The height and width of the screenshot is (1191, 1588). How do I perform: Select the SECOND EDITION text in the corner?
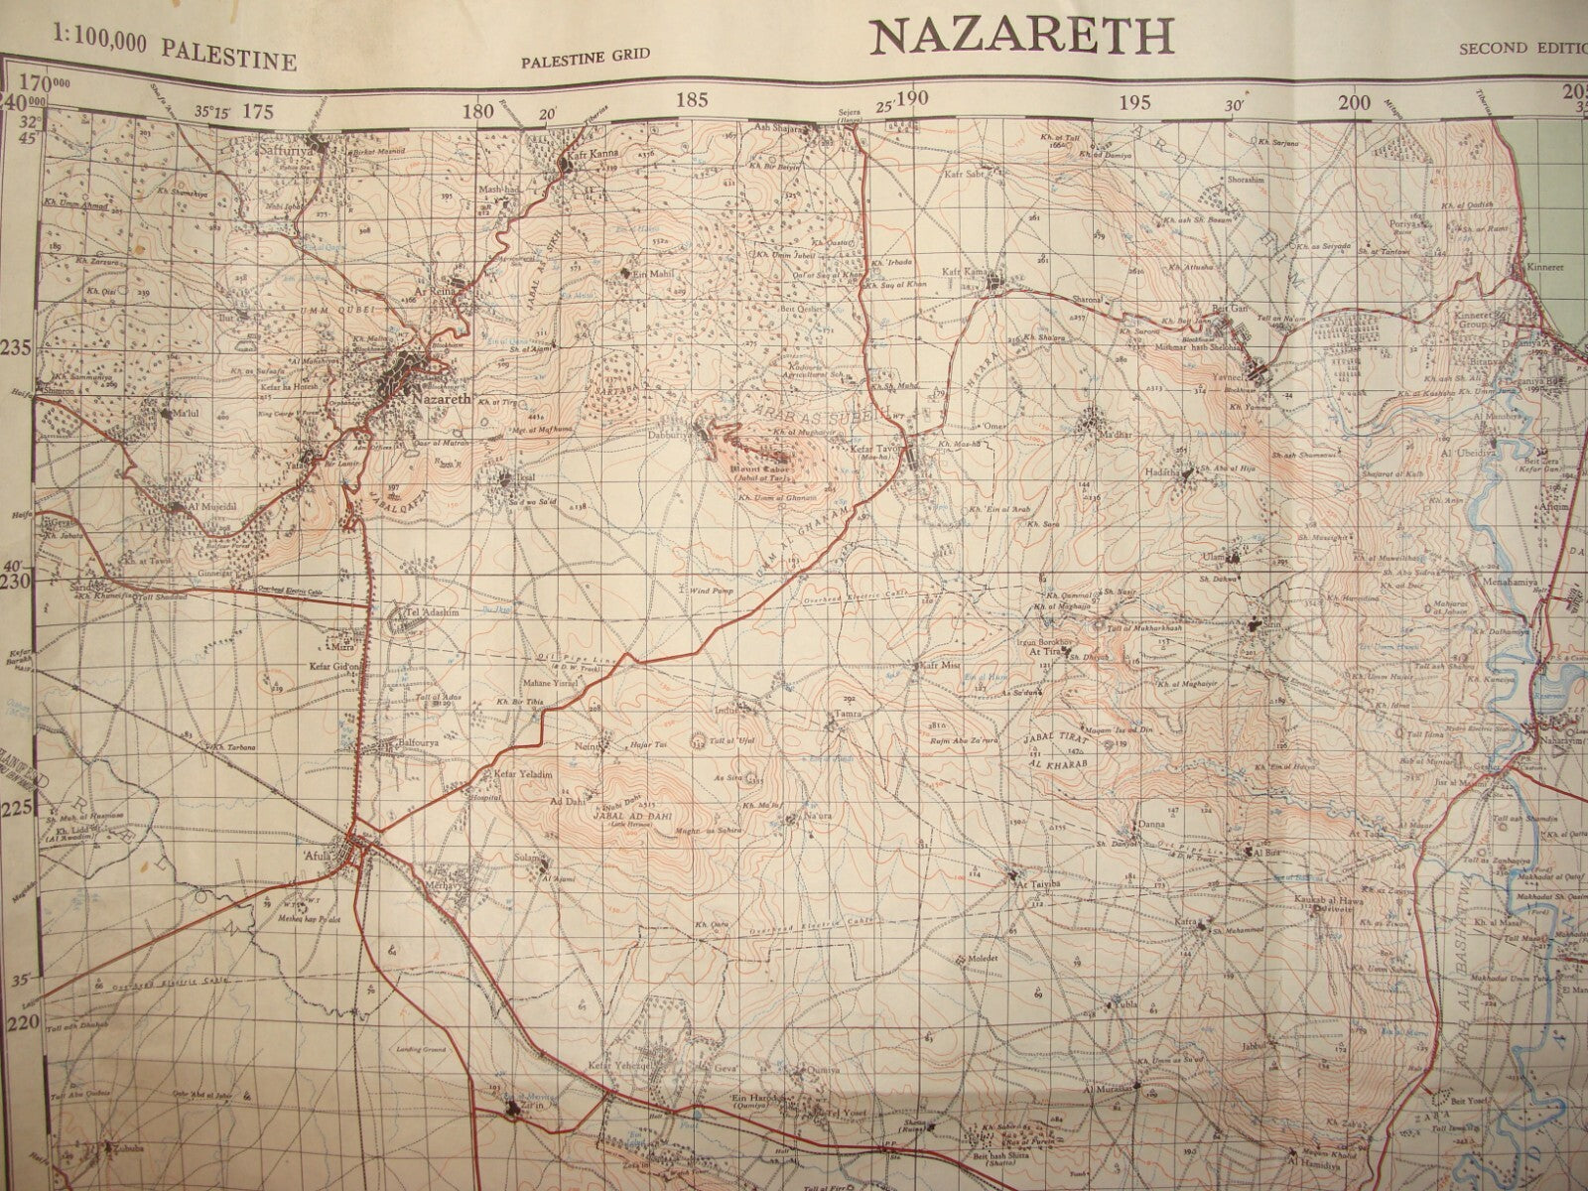(x=1522, y=48)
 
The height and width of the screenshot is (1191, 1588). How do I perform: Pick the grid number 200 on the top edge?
(x=1353, y=102)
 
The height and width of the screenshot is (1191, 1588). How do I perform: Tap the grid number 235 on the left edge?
(x=17, y=348)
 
